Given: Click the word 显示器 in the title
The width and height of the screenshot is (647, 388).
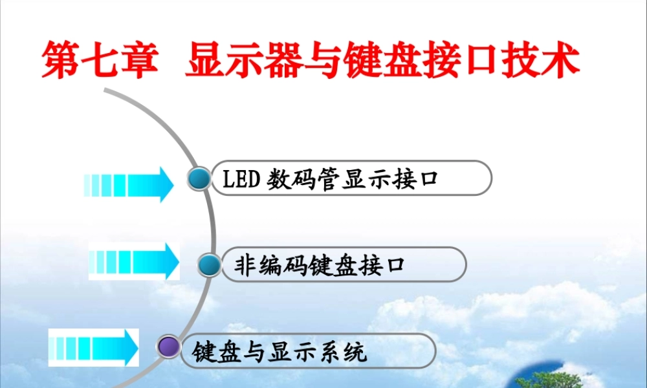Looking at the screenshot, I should pos(239,61).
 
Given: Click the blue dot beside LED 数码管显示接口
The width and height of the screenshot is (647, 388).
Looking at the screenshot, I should pos(200,178).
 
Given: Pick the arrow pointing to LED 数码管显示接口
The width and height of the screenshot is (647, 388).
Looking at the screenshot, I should pos(129,184).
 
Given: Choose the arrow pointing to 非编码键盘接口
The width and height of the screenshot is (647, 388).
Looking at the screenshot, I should pos(134,261).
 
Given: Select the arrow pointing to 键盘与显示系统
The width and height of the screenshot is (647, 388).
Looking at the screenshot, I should pos(94,347).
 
